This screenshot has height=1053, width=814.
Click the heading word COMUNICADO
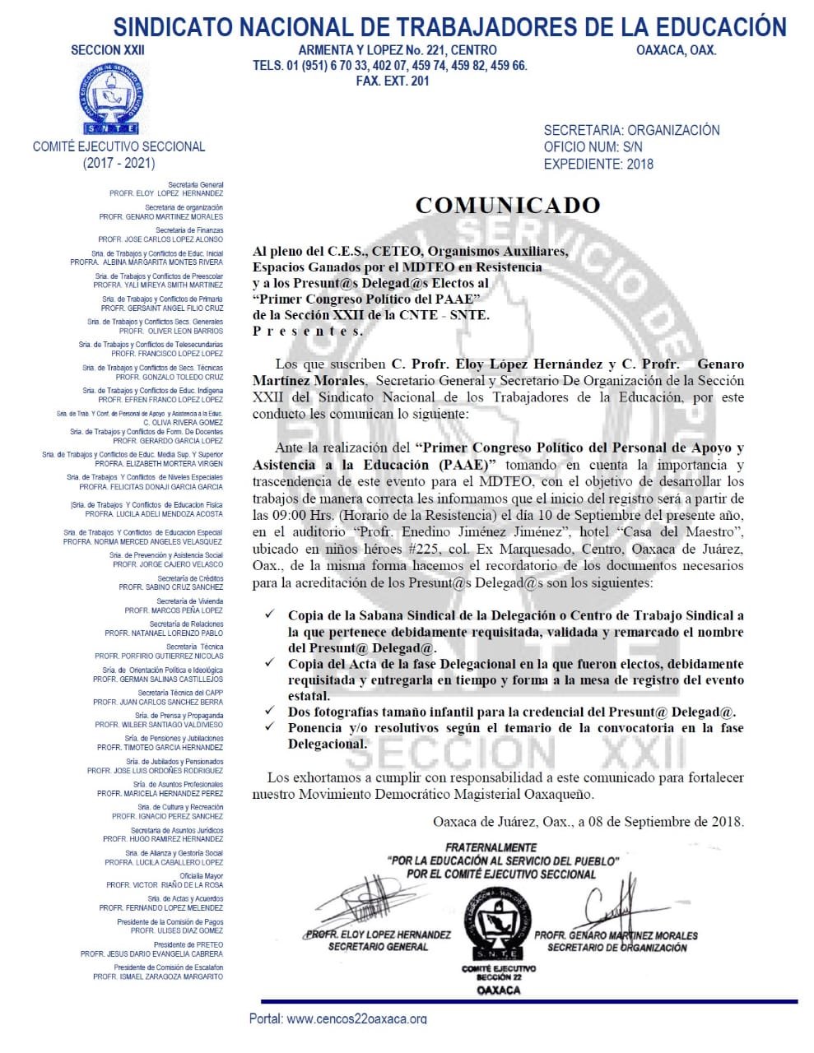(507, 205)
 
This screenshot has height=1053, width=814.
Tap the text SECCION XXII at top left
(107, 50)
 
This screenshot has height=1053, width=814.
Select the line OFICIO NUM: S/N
(593, 147)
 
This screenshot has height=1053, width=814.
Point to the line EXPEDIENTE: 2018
(598, 164)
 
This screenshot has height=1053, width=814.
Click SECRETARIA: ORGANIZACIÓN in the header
(631, 130)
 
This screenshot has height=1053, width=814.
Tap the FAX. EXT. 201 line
(392, 81)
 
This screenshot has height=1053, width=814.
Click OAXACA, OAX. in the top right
(676, 50)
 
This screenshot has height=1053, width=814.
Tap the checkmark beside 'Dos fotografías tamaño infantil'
(271, 712)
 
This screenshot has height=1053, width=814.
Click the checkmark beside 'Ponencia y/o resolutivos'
(271, 728)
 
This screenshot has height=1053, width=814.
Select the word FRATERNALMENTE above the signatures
(491, 847)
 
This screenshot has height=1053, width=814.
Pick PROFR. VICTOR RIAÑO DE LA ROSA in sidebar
(165, 885)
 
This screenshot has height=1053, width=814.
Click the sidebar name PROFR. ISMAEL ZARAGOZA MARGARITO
(158, 976)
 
